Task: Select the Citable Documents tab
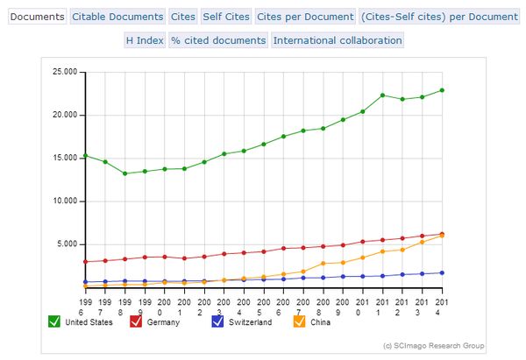point(117,17)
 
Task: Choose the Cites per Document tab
point(304,17)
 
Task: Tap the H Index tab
point(145,40)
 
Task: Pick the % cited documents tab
point(218,40)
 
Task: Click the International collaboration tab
point(338,40)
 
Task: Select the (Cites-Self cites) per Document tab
point(439,17)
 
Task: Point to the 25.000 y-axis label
point(64,72)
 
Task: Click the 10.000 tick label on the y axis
point(64,201)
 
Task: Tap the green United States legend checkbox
point(54,321)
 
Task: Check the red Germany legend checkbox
point(136,321)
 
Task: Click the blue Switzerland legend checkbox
point(218,321)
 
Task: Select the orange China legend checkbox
point(300,321)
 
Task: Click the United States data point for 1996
point(85,155)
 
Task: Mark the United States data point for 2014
point(441,90)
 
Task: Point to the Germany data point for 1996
point(85,261)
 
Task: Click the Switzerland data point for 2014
point(441,272)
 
